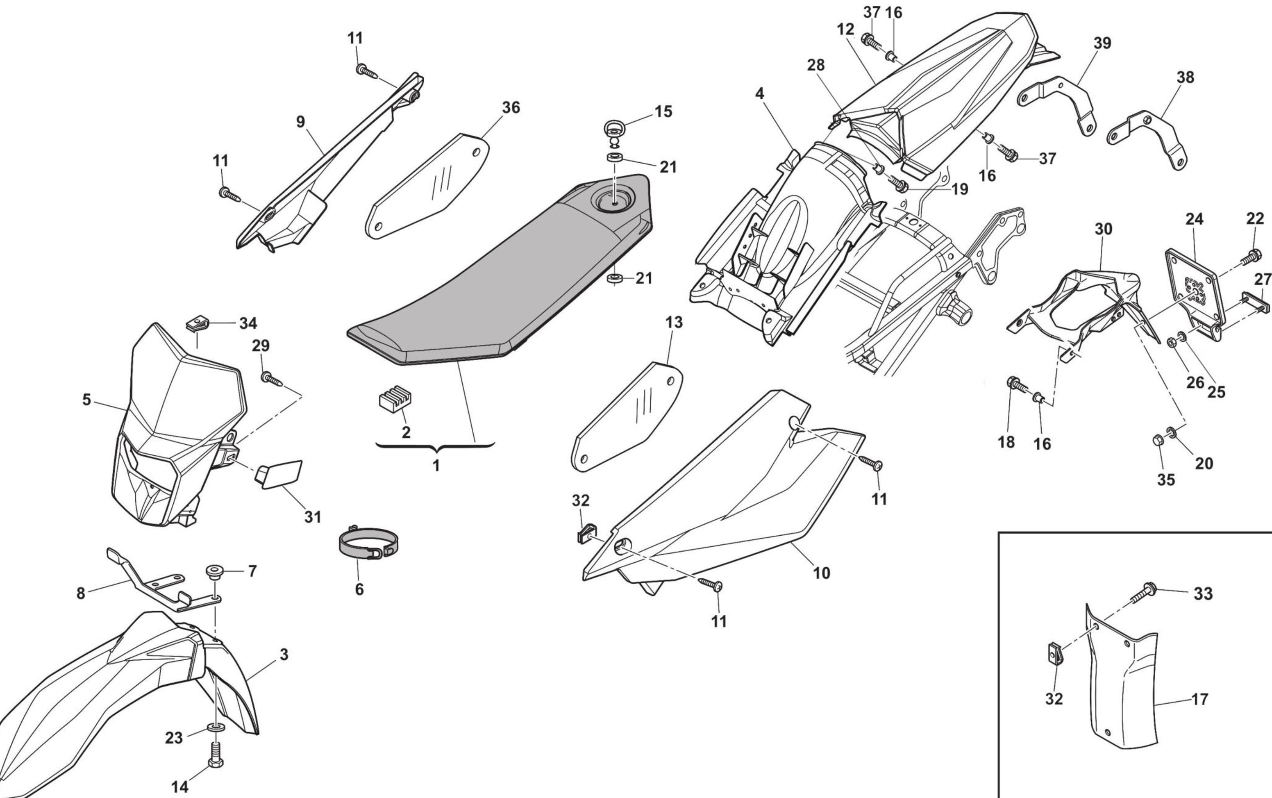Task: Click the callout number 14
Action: click(x=179, y=787)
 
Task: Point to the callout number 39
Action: click(x=1102, y=43)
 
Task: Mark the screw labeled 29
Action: click(x=272, y=378)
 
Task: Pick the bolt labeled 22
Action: click(x=1252, y=257)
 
